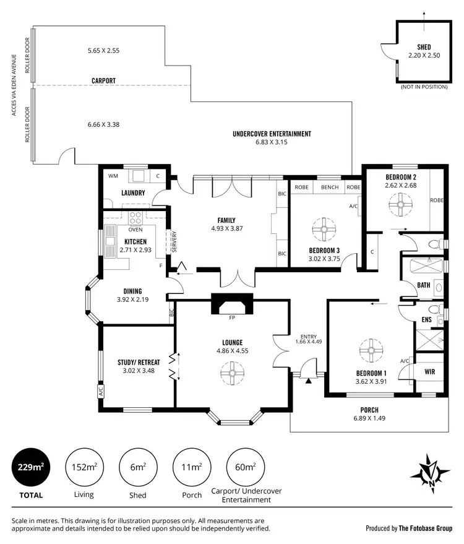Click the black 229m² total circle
[30, 467]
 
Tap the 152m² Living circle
[84, 467]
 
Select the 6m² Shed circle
[137, 467]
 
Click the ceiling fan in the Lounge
[233, 372]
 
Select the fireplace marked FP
[233, 306]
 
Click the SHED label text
[424, 47]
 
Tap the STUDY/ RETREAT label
[139, 362]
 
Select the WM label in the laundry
[113, 176]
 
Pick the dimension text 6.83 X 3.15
[272, 142]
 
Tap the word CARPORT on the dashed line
[103, 81]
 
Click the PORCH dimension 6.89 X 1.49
[369, 418]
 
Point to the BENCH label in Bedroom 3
[329, 187]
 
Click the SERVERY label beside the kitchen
[174, 242]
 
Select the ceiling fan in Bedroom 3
[322, 228]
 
